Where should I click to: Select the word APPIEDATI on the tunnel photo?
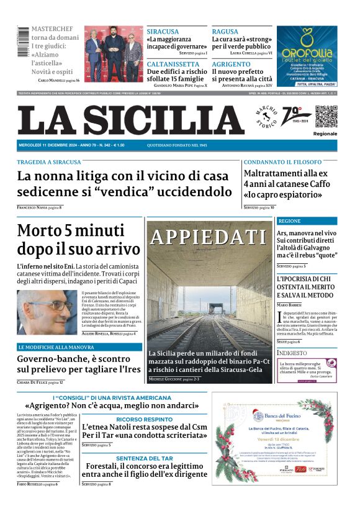tap(209, 237)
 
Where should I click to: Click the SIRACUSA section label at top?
tap(163, 32)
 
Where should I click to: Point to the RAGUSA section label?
tap(225, 32)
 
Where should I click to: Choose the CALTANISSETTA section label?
tap(173, 64)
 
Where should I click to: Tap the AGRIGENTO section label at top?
tap(231, 64)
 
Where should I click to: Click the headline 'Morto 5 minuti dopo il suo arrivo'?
tap(78, 240)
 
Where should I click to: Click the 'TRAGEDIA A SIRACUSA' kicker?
tap(49, 162)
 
